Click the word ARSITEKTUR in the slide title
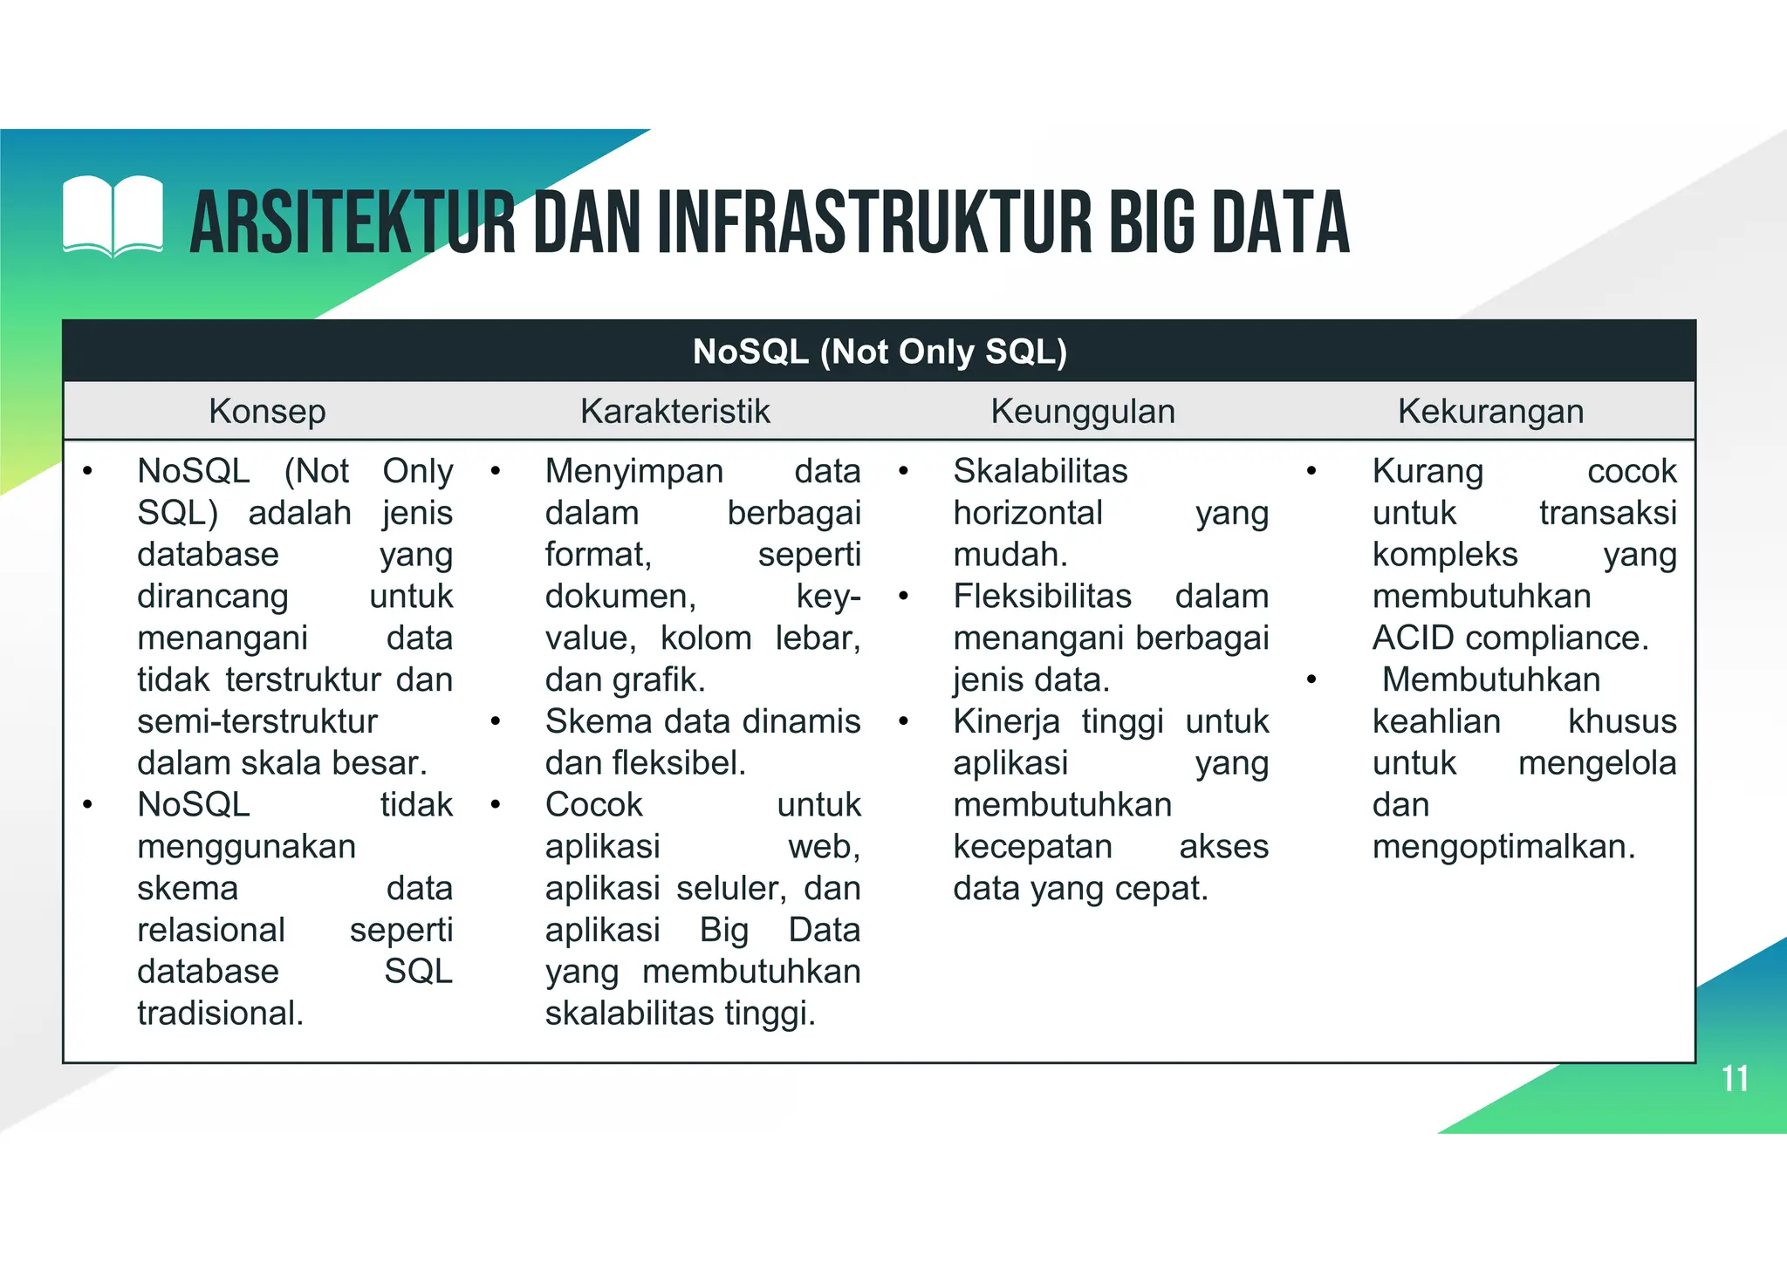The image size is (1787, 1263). pyautogui.click(x=353, y=223)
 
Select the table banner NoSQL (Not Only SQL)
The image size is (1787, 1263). pyautogui.click(x=879, y=352)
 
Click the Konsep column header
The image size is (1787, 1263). pyautogui.click(x=267, y=411)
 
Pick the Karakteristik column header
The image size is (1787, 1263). pyautogui.click(x=675, y=411)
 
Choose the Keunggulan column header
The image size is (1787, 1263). pyautogui.click(x=1083, y=411)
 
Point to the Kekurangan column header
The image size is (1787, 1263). pyautogui.click(x=1490, y=411)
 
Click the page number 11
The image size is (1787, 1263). pyautogui.click(x=1735, y=1079)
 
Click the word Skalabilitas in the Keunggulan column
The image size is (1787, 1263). pyautogui.click(x=1040, y=471)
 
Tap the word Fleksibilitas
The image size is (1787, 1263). pyautogui.click(x=1042, y=597)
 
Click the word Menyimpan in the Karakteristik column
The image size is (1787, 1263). pyautogui.click(x=634, y=471)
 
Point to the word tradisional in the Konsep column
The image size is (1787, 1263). pyautogui.click(x=220, y=1014)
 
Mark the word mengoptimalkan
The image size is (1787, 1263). pyautogui.click(x=1503, y=847)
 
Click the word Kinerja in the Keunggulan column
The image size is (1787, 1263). pyautogui.click(x=1006, y=722)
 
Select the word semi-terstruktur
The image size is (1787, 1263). pyautogui.click(x=257, y=722)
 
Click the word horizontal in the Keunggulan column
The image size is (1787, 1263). pyautogui.click(x=1028, y=513)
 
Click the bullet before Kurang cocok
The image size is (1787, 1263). pyautogui.click(x=1311, y=472)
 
